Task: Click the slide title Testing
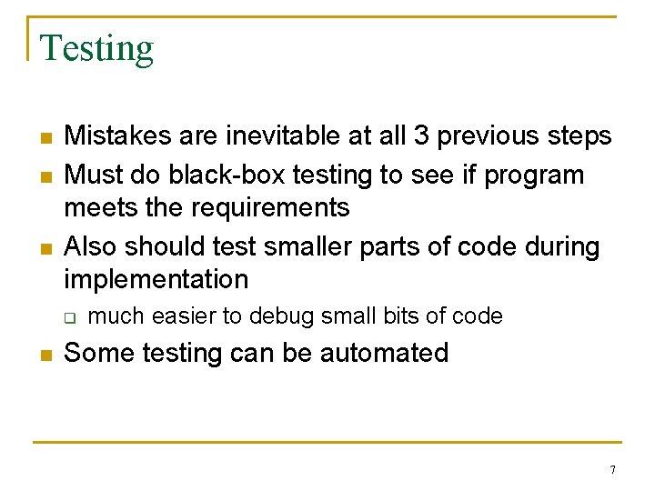click(x=97, y=48)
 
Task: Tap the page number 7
click(x=612, y=470)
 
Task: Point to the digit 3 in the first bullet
click(x=421, y=136)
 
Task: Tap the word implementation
click(x=156, y=279)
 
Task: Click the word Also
click(x=91, y=246)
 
